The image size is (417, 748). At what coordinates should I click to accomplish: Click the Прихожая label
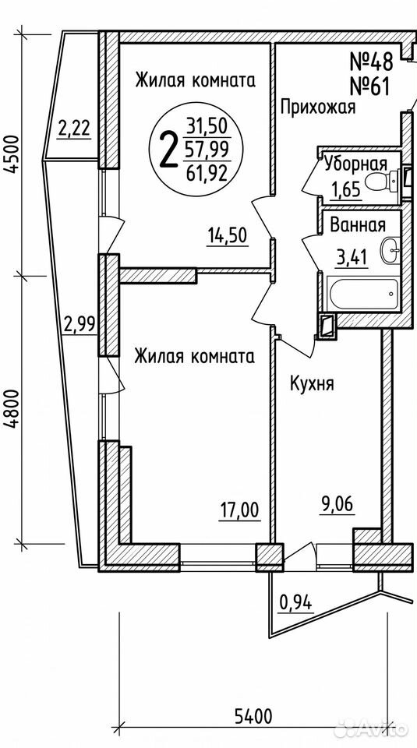318,108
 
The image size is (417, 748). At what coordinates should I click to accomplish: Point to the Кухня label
312,383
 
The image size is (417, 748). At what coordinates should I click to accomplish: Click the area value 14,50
228,235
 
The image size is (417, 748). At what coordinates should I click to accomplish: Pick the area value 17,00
239,510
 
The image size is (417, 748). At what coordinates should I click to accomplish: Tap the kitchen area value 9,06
337,504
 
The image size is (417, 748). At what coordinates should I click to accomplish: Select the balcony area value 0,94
296,604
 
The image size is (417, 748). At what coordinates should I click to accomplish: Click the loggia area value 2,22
74,129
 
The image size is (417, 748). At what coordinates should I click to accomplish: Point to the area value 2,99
80,325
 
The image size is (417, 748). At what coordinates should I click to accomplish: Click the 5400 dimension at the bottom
253,716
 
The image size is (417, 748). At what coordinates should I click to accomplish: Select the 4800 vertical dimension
13,409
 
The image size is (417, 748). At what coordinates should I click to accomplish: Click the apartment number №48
371,61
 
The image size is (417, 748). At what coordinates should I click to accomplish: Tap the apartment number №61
370,86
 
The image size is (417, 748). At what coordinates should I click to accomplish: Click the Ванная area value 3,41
352,258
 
